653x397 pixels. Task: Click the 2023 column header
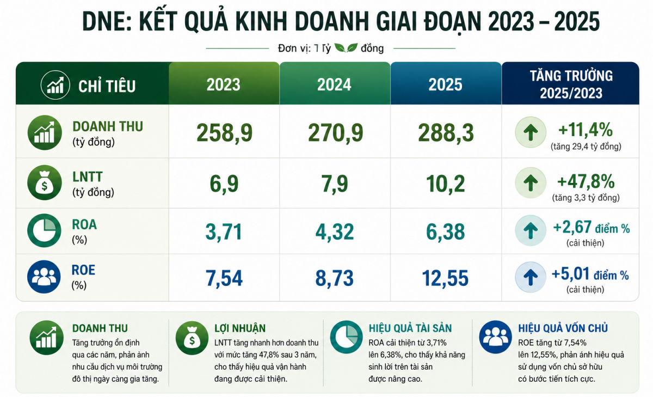coord(223,84)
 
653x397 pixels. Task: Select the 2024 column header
coord(334,84)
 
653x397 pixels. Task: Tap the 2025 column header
coord(445,84)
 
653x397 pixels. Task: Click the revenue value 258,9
coord(224,133)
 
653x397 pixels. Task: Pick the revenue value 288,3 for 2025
coord(446,133)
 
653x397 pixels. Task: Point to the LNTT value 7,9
coord(334,184)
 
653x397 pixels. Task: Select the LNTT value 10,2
coord(445,184)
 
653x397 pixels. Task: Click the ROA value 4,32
coord(334,232)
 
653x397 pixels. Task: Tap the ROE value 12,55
coord(445,278)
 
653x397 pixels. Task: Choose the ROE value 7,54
coord(224,278)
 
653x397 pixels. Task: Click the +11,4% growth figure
coord(585,130)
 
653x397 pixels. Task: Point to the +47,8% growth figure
coord(586,181)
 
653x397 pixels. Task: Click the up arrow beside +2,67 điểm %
coord(531,230)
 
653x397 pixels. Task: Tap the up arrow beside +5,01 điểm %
coord(531,277)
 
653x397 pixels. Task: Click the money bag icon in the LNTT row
coord(44,182)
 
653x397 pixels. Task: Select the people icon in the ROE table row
coord(44,277)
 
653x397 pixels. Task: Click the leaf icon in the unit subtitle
coord(346,47)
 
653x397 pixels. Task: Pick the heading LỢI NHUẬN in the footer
coord(240,328)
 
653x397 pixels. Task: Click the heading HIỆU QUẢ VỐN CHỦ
coord(563,328)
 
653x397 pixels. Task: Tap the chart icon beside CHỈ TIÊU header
coord(55,85)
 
